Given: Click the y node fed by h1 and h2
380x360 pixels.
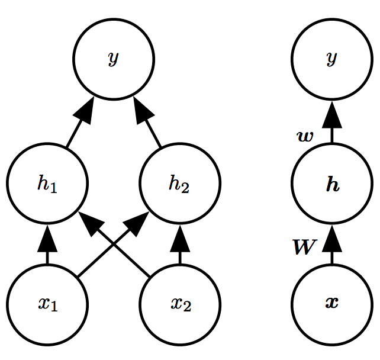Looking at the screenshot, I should [113, 59].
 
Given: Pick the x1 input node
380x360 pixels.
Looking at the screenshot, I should [47, 304].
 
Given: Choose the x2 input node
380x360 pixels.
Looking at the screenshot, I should [179, 304].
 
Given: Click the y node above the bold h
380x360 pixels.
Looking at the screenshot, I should [331, 59].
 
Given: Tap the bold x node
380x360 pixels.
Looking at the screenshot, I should [331, 304].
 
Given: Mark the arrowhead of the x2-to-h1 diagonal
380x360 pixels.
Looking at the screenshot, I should [88, 221].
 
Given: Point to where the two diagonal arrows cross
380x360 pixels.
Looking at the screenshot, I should [113, 244].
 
